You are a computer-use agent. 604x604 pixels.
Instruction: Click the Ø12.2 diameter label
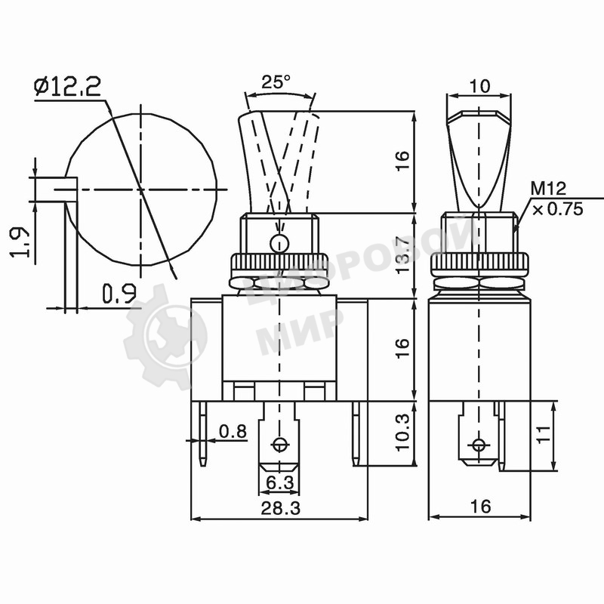click(x=68, y=87)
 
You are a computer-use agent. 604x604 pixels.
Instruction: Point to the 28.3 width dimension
click(x=279, y=508)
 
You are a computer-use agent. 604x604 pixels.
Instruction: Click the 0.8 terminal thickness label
click(x=232, y=431)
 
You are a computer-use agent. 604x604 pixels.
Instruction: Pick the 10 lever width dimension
click(x=479, y=86)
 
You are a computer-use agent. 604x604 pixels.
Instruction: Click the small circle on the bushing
click(x=279, y=243)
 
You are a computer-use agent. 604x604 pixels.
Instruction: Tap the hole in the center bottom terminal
click(x=280, y=444)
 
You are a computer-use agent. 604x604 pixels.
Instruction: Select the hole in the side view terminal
click(x=477, y=443)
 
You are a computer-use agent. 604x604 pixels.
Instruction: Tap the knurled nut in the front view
click(x=279, y=265)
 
